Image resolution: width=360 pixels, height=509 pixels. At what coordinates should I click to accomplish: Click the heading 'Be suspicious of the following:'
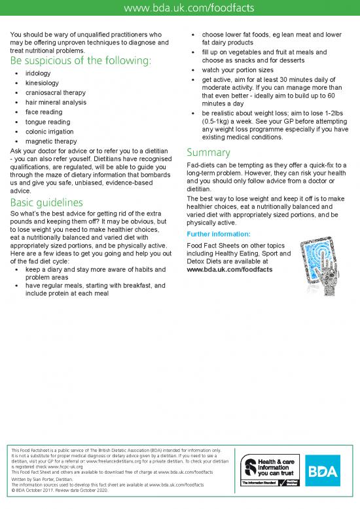[81, 61]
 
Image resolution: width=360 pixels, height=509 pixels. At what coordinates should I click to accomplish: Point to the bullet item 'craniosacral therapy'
[55, 93]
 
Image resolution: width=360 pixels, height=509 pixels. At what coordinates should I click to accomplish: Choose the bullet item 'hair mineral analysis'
[56, 102]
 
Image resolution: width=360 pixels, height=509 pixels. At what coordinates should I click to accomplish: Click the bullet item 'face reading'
[45, 112]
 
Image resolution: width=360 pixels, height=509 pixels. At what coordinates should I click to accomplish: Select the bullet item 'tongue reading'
[48, 122]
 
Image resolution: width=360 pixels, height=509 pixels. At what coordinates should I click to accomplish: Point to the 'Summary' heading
[208, 153]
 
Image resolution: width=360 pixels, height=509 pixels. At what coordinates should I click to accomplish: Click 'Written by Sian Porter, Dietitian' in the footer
[46, 479]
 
